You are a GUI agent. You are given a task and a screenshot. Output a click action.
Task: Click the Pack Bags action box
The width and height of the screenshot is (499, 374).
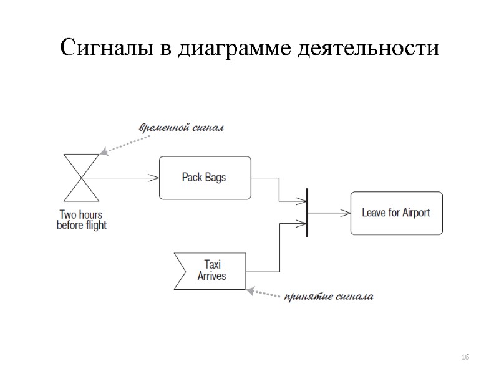(205, 178)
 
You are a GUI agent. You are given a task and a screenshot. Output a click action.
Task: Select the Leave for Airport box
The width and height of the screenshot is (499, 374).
(396, 213)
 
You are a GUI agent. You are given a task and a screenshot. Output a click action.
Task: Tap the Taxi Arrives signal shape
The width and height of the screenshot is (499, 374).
(210, 270)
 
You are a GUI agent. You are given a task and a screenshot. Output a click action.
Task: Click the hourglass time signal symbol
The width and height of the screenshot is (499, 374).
(80, 177)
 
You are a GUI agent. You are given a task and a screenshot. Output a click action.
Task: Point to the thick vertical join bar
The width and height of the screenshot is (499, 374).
(307, 213)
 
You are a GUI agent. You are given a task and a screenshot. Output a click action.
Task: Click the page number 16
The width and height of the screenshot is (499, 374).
(465, 357)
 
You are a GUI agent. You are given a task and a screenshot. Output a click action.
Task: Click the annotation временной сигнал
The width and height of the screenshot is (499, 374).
(181, 128)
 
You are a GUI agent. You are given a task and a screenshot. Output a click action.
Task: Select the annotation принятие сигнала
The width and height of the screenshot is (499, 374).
(328, 296)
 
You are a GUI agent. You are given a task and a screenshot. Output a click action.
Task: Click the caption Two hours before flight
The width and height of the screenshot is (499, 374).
(81, 219)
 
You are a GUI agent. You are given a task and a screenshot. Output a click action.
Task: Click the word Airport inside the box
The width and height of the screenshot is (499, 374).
(412, 213)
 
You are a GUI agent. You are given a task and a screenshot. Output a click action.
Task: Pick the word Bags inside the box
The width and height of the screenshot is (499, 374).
(215, 178)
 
